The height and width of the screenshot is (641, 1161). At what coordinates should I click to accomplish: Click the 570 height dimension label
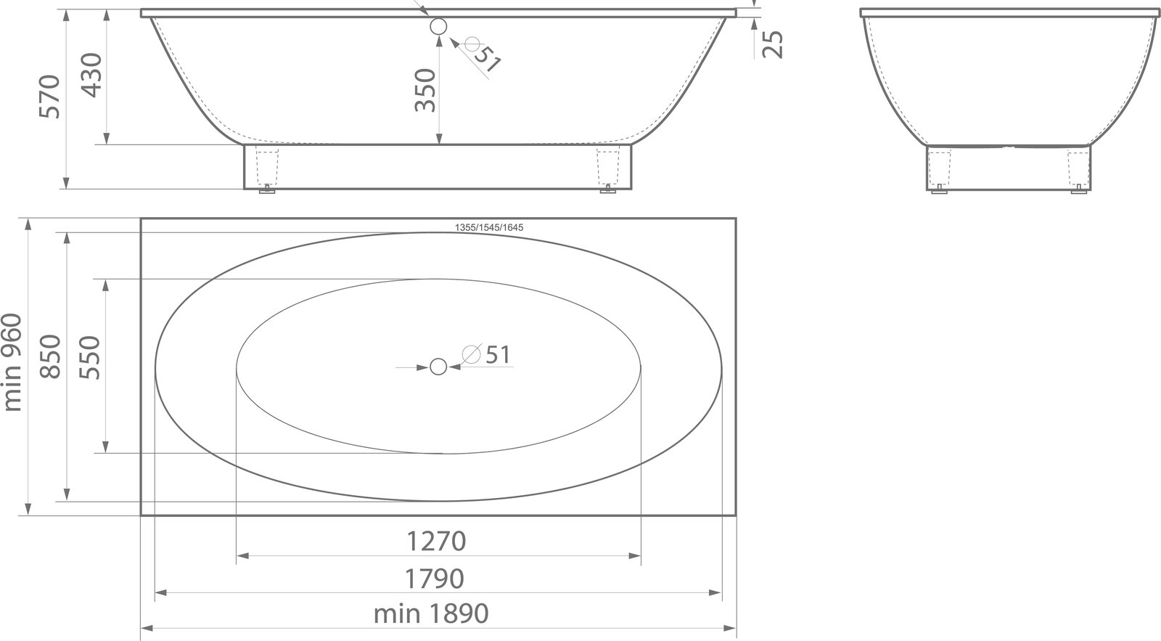50,97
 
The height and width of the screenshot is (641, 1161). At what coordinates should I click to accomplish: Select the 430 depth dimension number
93,75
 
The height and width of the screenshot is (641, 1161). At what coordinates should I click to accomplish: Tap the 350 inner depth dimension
425,90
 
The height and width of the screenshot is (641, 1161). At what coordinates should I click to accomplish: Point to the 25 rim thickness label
773,44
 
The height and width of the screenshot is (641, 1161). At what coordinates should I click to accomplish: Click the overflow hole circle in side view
438,26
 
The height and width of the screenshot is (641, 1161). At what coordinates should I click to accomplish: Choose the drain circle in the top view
438,367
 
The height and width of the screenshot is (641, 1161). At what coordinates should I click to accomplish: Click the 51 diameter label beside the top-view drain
498,355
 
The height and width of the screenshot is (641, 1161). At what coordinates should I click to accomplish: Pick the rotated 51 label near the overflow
487,59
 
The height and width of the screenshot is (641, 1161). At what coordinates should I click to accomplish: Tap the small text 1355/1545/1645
489,228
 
